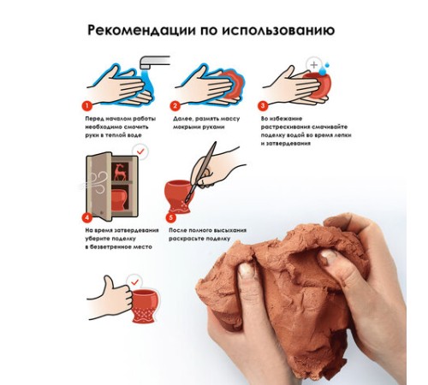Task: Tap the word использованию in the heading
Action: pos(278,30)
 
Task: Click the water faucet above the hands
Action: pos(155,62)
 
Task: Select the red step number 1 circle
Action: pos(87,106)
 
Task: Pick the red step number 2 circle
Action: pos(175,106)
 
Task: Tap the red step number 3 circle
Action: pos(263,106)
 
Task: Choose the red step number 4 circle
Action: pos(87,218)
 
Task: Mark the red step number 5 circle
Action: pos(170,218)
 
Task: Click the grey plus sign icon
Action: pos(314,65)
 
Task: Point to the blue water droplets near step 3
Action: pos(324,68)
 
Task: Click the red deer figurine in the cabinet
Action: pos(121,172)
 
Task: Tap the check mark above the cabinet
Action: pos(140,151)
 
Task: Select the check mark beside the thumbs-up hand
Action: pos(134,282)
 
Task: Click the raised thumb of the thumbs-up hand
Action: pos(109,282)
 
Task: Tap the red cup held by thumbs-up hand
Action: pos(145,305)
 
